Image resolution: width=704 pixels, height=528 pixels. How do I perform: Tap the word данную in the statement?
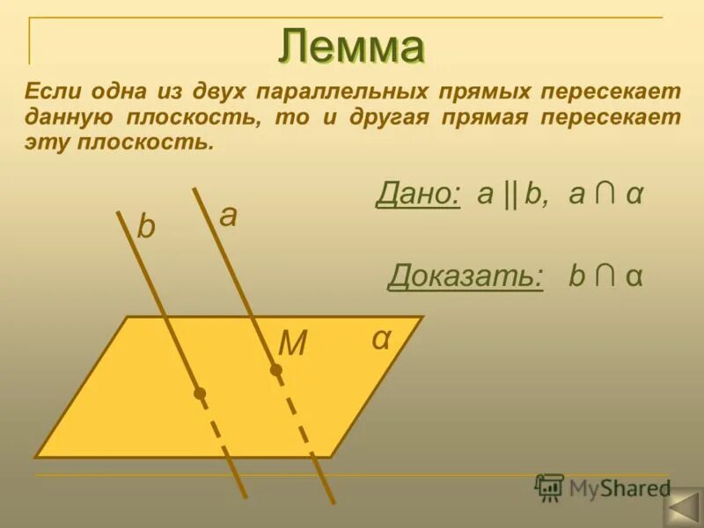click(71, 118)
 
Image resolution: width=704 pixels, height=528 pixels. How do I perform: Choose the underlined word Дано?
click(418, 194)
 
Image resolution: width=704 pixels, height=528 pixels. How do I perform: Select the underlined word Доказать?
click(465, 276)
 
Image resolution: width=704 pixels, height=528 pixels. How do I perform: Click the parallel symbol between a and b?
click(510, 195)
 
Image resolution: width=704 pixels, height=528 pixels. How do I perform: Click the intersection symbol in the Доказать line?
click(604, 276)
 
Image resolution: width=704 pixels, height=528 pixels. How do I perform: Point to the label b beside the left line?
click(146, 228)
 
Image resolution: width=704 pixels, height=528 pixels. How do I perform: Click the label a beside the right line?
click(228, 216)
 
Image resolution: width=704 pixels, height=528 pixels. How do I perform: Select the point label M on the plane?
click(291, 343)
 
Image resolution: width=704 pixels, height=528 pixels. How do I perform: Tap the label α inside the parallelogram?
click(380, 338)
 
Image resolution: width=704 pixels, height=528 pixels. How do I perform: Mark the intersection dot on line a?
click(276, 370)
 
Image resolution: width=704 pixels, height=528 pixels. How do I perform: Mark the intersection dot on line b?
click(201, 393)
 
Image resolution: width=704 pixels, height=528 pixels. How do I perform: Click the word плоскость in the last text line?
click(138, 143)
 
